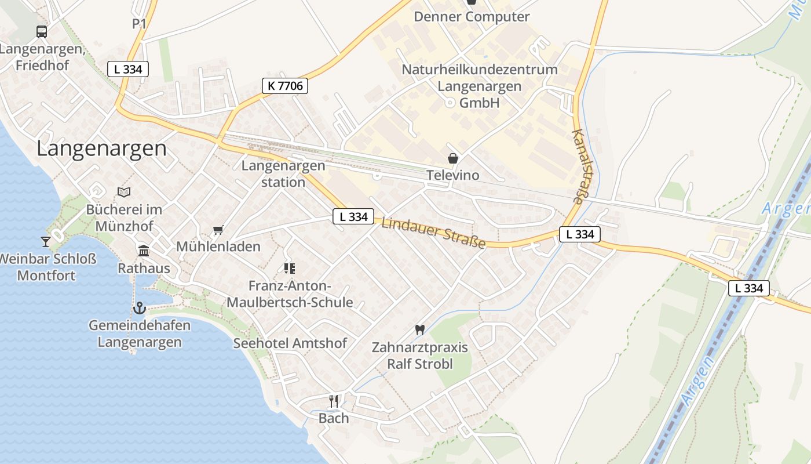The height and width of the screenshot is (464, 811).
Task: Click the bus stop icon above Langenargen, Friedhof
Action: click(42, 32)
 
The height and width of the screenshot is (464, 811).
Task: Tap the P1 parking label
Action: click(140, 24)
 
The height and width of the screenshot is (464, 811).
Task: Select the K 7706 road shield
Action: click(284, 86)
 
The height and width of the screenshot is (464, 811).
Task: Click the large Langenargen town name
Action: click(101, 148)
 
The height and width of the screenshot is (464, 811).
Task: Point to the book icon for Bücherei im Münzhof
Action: click(124, 192)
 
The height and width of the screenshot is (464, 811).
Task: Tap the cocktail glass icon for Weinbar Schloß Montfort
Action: click(46, 241)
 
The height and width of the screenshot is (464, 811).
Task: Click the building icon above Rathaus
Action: click(144, 251)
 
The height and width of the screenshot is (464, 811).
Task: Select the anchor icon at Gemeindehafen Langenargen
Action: click(139, 308)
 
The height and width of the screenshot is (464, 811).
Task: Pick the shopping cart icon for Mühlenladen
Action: click(218, 230)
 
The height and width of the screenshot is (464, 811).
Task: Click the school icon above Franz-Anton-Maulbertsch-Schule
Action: click(290, 268)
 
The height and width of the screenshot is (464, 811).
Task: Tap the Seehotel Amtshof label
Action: click(290, 343)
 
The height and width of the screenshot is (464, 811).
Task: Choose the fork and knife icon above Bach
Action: click(334, 401)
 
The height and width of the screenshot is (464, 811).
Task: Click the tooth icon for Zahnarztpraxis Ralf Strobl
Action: click(420, 329)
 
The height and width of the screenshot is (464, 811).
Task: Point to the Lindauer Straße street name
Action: click(433, 232)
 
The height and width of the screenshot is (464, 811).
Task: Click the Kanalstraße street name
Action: click(584, 166)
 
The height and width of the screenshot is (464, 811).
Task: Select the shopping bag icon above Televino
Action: click(452, 158)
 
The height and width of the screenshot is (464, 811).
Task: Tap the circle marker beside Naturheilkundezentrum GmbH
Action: click(450, 103)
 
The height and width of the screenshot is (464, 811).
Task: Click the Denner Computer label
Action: click(472, 16)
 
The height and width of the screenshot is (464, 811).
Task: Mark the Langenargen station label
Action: click(283, 173)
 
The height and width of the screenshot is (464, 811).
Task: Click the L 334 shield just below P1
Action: click(128, 69)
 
